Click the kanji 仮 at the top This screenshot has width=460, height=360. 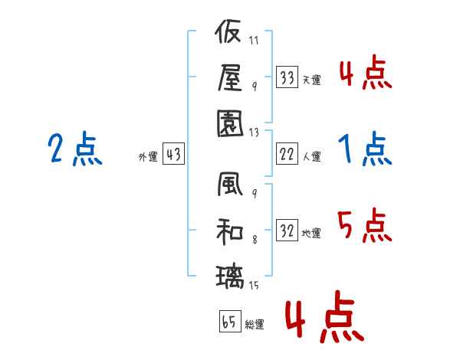pyautogui.click(x=228, y=31)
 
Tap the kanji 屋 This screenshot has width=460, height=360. pyautogui.click(x=231, y=77)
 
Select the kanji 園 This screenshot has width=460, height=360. pyautogui.click(x=230, y=124)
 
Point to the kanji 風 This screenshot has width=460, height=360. pyautogui.click(x=230, y=184)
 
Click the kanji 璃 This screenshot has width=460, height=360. pyautogui.click(x=230, y=277)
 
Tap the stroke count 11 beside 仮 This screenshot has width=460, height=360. pyautogui.click(x=254, y=40)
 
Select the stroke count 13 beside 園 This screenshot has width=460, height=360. pyautogui.click(x=254, y=133)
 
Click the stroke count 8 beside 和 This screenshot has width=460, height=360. pyautogui.click(x=255, y=240)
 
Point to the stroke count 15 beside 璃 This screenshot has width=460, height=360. pyautogui.click(x=254, y=285)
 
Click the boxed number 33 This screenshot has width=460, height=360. pyautogui.click(x=287, y=77)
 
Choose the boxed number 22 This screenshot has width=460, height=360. pyautogui.click(x=287, y=154)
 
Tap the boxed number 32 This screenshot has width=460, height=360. pyautogui.click(x=287, y=230)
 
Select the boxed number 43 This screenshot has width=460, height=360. pyautogui.click(x=173, y=154)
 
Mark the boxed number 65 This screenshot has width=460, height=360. pyautogui.click(x=230, y=321)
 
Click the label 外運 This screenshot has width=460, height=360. pyautogui.click(x=148, y=156)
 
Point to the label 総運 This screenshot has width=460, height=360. pyautogui.click(x=255, y=324)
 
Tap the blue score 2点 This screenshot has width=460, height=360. pyautogui.click(x=75, y=149)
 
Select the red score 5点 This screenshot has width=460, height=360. pyautogui.click(x=365, y=225)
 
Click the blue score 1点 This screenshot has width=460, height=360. pyautogui.click(x=365, y=149)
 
